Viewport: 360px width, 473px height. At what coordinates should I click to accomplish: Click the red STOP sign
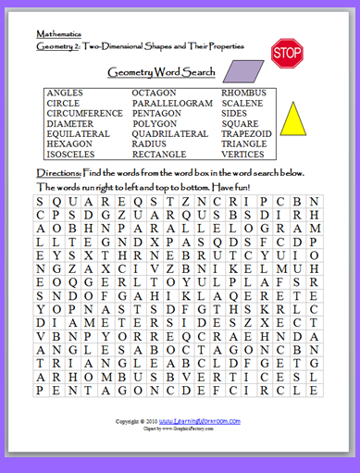(x=288, y=53)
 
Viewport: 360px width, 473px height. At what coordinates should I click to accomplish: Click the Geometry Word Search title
(x=162, y=71)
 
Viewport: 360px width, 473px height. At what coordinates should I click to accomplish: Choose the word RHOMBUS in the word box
(x=243, y=93)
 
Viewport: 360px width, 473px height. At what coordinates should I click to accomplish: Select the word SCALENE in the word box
(x=242, y=104)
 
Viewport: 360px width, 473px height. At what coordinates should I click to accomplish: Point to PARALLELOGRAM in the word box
(x=172, y=104)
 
